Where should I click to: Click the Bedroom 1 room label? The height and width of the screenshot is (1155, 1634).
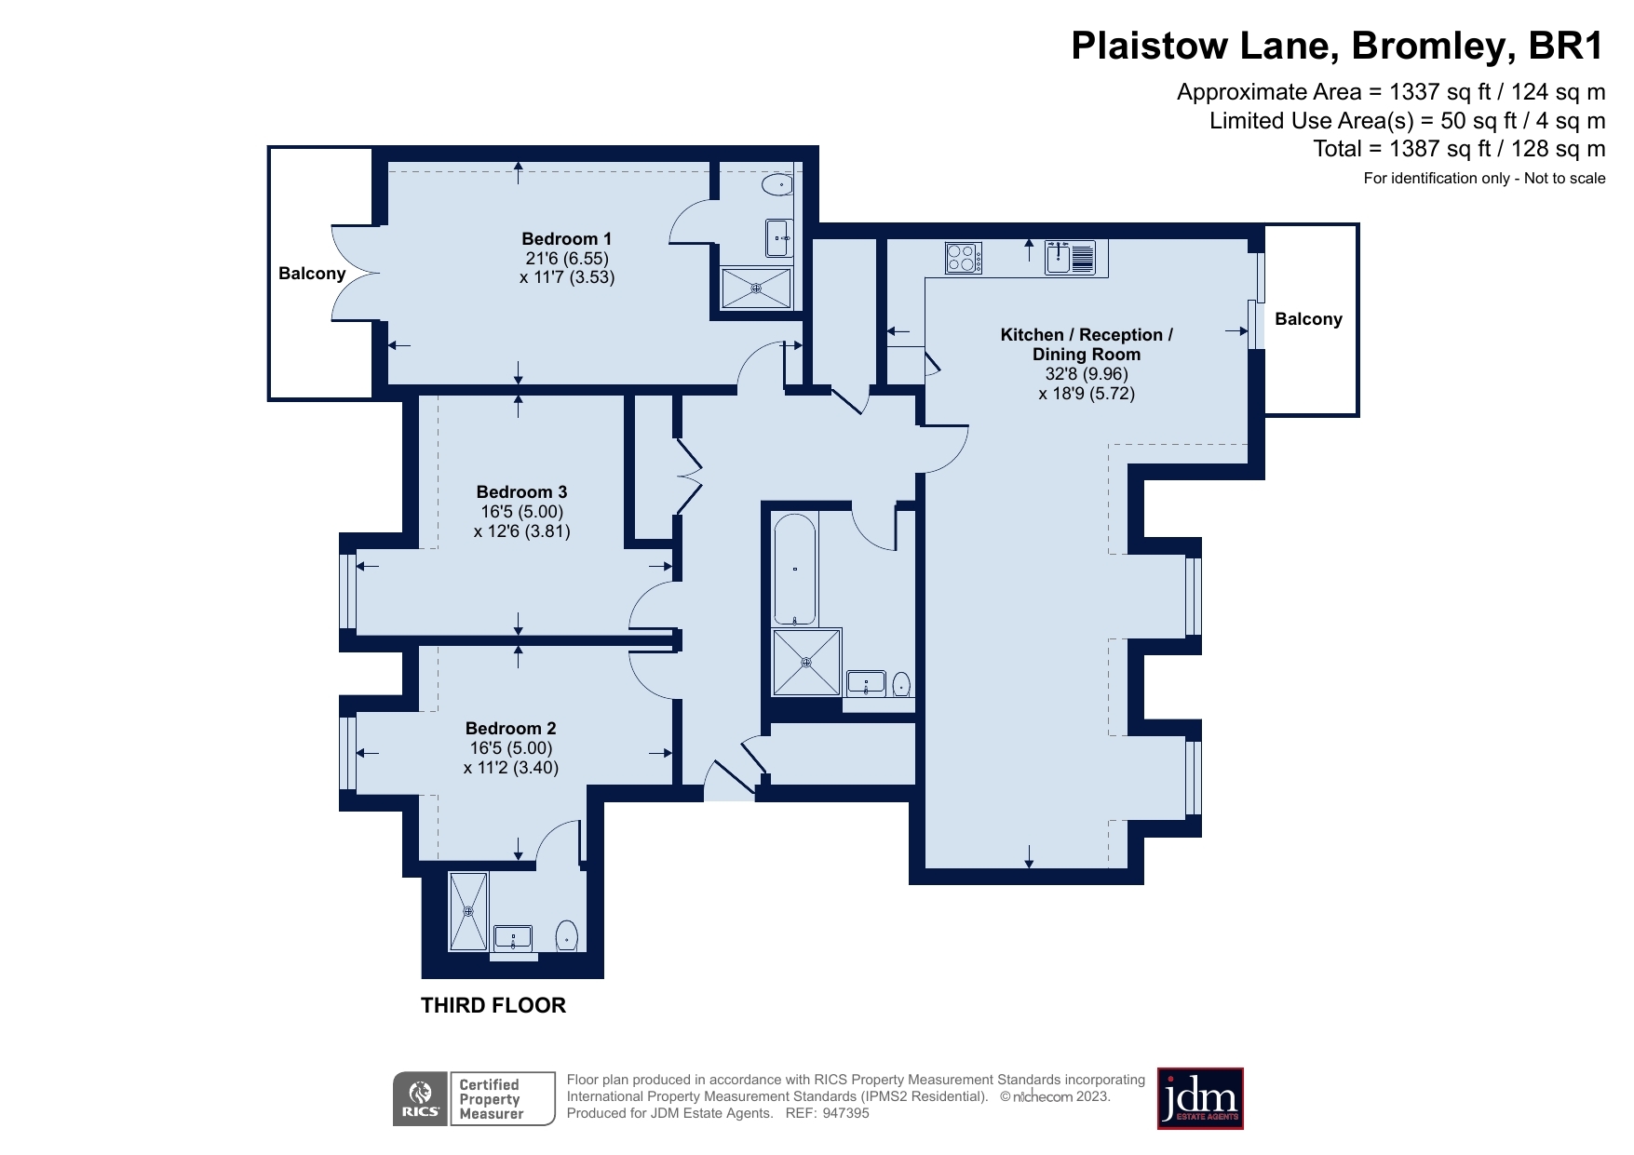[x=566, y=239]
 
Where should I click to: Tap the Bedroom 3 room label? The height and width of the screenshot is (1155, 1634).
[x=521, y=492]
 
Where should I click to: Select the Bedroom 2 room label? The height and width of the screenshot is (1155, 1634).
[x=510, y=729]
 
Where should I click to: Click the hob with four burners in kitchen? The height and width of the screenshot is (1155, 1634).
[x=964, y=257]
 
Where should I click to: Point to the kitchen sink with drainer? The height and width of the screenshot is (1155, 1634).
[x=1070, y=257]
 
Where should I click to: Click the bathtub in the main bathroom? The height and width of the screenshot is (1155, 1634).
[x=794, y=569]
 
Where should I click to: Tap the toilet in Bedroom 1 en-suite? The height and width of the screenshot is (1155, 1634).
[x=776, y=186]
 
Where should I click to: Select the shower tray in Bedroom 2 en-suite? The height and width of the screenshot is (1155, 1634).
[x=468, y=911]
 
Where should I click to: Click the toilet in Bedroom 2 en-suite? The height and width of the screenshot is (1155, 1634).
[x=566, y=935]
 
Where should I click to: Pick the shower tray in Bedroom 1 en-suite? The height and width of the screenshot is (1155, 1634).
[x=756, y=289]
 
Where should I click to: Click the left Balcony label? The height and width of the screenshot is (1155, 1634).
[x=312, y=274]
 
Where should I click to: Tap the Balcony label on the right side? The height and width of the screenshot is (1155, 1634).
[x=1308, y=319]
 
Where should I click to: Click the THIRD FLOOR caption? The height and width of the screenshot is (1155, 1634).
[x=493, y=1005]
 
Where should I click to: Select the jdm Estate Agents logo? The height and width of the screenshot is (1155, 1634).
[x=1199, y=1098]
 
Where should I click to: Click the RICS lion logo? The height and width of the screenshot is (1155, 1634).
[x=421, y=1098]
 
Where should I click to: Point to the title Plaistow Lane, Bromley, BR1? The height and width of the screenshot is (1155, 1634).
[x=1337, y=46]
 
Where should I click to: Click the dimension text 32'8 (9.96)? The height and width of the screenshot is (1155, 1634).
[x=1086, y=374]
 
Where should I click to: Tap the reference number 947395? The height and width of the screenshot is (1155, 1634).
[x=845, y=1113]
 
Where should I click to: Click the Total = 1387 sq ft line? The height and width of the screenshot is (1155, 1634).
[x=1458, y=149]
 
